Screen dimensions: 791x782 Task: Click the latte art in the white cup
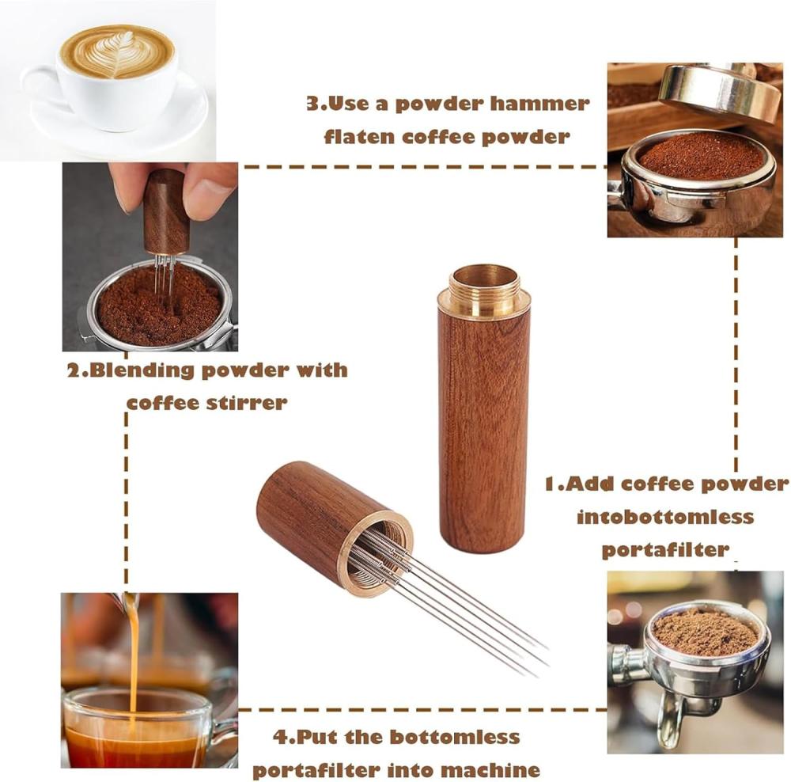[117, 52]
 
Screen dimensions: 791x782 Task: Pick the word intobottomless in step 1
[665, 517]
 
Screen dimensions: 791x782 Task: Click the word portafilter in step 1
[665, 550]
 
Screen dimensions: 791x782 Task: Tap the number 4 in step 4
[280, 738]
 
